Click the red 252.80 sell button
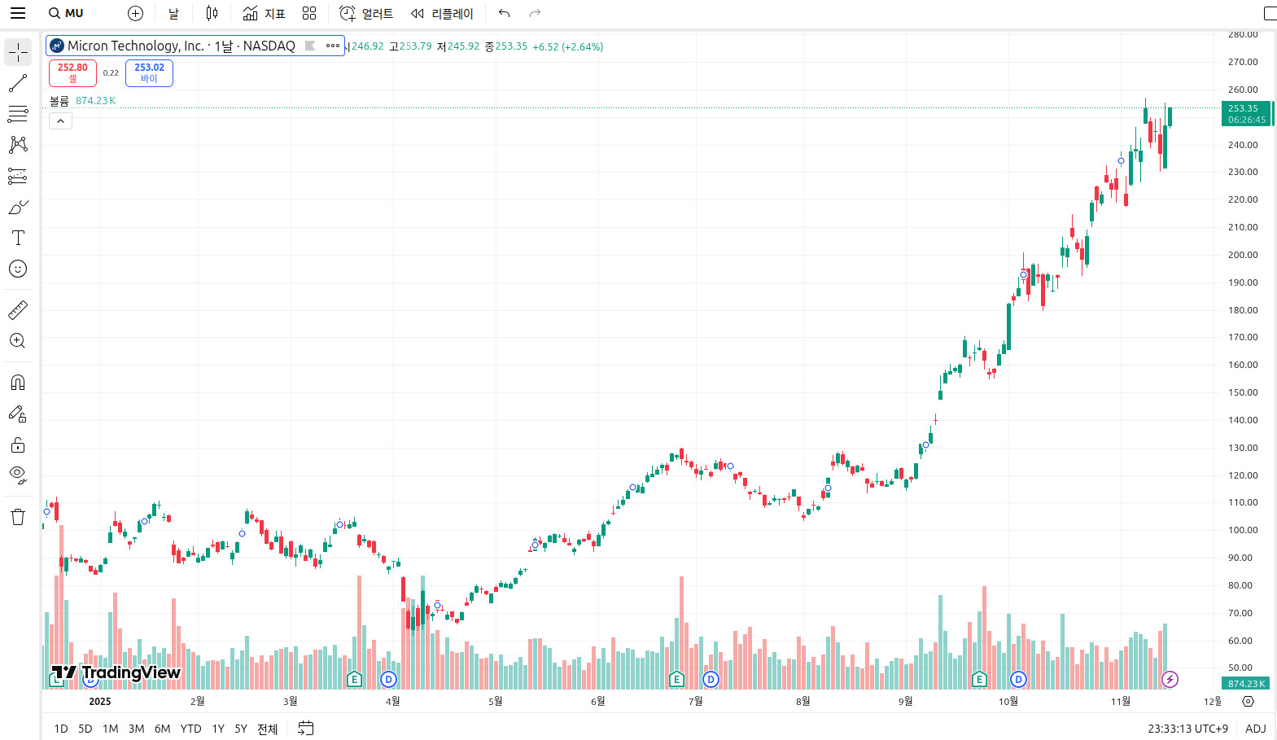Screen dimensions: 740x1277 (72, 72)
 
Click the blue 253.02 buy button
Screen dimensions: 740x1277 (149, 72)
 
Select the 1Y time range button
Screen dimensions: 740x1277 (218, 729)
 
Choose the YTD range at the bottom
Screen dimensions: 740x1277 (190, 729)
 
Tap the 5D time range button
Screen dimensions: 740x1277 (85, 729)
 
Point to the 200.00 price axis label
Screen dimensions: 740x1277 (1243, 255)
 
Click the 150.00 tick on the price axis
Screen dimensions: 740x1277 (1243, 392)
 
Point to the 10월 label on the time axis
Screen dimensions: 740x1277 (1008, 701)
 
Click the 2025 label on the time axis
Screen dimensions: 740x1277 (100, 701)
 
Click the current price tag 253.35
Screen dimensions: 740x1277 (1245, 113)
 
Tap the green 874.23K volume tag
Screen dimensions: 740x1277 (1245, 684)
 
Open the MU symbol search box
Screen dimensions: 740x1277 (66, 13)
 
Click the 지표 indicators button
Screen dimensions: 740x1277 (265, 13)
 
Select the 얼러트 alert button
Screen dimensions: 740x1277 (366, 13)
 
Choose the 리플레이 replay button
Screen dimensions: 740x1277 (442, 13)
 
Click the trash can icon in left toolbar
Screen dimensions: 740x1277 (18, 517)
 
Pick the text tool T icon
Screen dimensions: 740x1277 (18, 238)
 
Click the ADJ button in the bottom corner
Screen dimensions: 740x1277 (1255, 729)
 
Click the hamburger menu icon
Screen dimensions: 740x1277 (18, 13)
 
